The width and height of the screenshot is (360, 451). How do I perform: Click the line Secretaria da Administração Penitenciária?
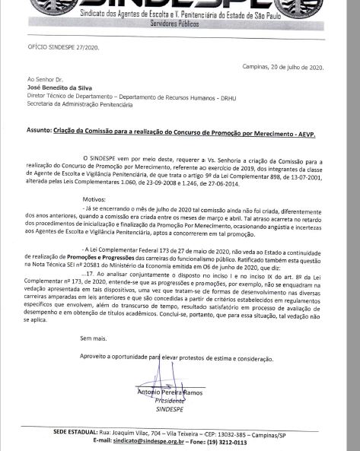(78, 105)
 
